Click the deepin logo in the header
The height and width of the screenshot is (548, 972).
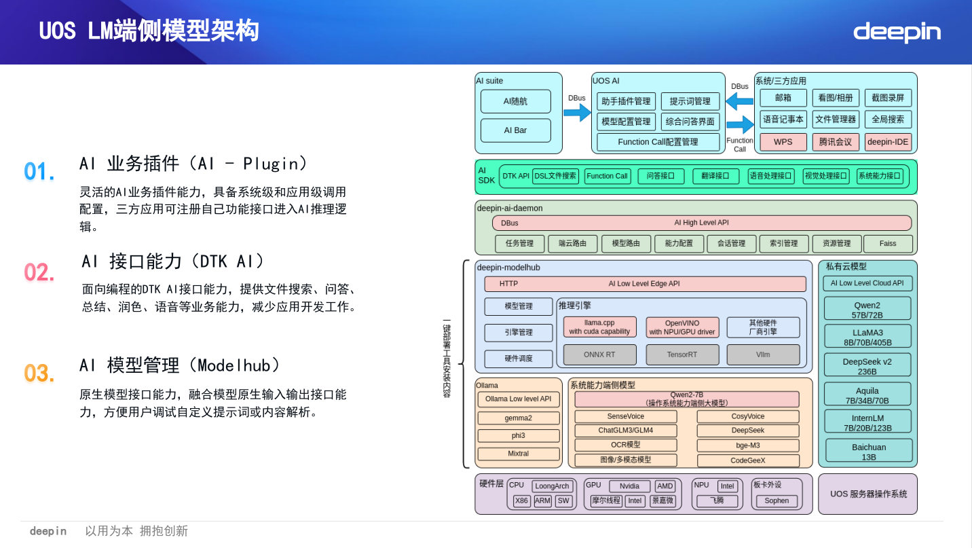point(897,32)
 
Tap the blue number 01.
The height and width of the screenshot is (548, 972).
point(39,172)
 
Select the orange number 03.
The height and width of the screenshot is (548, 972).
point(39,373)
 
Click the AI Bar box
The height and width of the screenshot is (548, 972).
point(515,130)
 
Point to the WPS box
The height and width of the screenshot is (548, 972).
point(783,142)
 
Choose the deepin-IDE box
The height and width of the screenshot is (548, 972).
point(888,142)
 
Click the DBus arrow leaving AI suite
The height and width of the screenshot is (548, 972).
point(577,113)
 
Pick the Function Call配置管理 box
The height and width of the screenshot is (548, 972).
point(658,142)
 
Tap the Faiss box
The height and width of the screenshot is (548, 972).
point(888,243)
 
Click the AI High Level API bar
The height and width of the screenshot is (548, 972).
point(701,223)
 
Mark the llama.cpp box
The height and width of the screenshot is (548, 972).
point(599,327)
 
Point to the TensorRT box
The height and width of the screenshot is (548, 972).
point(681,354)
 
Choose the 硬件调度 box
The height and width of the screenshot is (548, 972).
point(519,359)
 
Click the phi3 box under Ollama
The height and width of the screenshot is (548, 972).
point(519,436)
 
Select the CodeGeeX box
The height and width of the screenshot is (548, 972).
point(747,460)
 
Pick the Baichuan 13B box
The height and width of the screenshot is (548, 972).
point(868,452)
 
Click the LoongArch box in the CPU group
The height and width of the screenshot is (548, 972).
point(552,486)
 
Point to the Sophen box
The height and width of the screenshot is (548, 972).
point(777,501)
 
